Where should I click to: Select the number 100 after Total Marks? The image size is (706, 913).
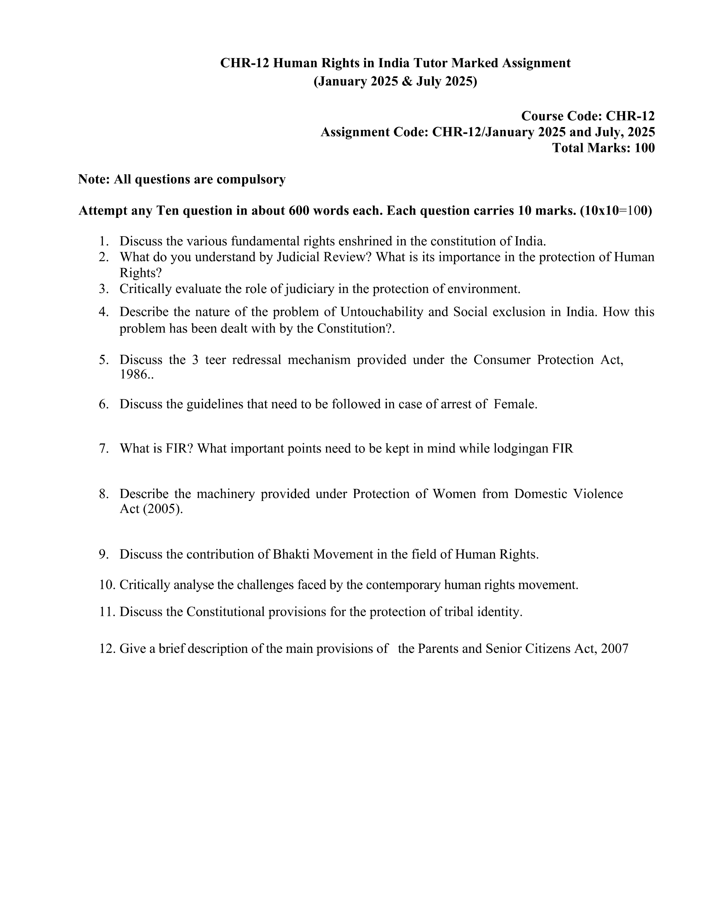pos(644,148)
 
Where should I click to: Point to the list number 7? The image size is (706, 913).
pos(104,449)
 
